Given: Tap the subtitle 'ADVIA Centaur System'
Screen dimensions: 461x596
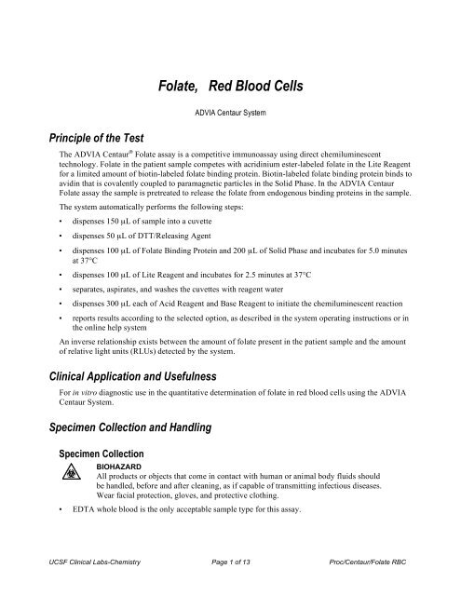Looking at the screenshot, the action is [x=230, y=117].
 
